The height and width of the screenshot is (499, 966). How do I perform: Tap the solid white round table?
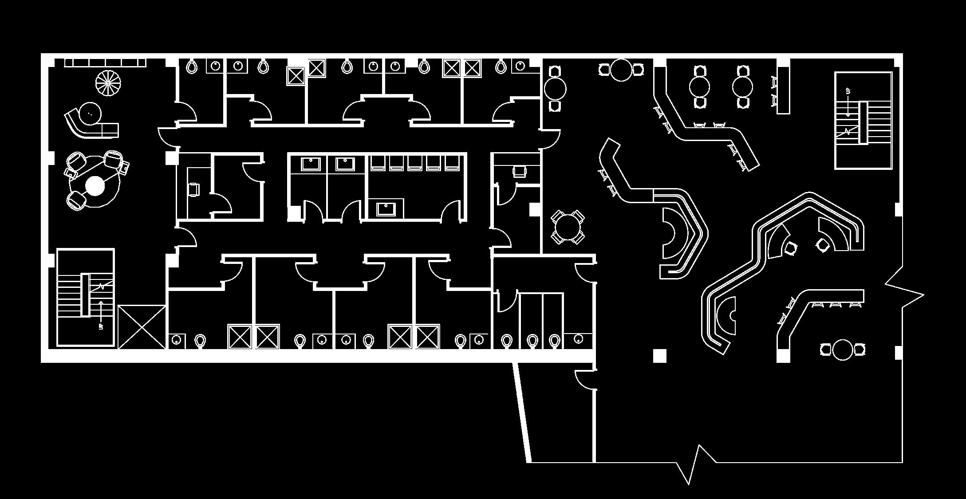click(95, 186)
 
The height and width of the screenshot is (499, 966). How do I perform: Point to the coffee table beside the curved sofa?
click(90, 113)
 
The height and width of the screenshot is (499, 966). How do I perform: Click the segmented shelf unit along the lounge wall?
click(105, 63)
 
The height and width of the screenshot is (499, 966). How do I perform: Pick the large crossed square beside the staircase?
click(142, 327)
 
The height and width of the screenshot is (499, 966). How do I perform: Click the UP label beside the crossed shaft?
click(101, 326)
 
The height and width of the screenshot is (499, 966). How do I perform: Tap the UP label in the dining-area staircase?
click(848, 92)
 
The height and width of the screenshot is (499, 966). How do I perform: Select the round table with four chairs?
click(568, 227)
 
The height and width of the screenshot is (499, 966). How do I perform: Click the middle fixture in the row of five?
click(414, 163)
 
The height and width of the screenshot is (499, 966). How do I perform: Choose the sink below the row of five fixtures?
click(386, 208)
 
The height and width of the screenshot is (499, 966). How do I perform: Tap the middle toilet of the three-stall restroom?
click(532, 341)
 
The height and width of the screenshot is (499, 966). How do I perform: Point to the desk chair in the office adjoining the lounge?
click(194, 189)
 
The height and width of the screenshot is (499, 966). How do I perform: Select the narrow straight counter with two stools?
click(783, 90)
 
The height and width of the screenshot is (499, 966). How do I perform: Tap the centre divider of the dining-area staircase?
click(863, 122)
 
